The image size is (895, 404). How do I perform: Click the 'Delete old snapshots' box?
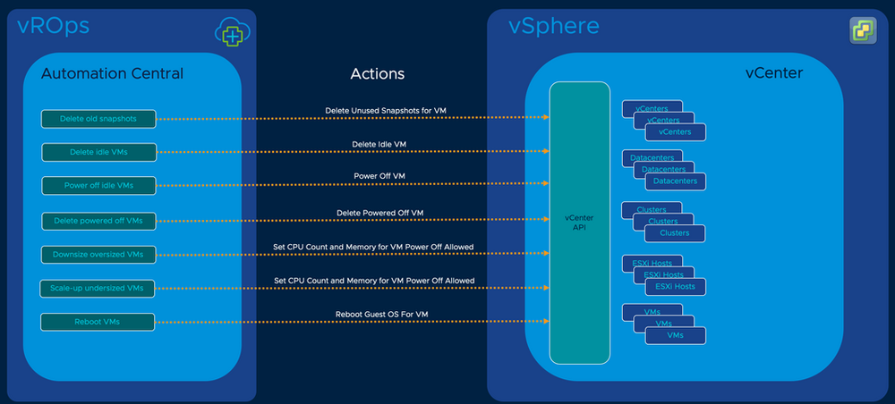click(x=98, y=118)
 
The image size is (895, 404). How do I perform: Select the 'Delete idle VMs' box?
click(x=98, y=152)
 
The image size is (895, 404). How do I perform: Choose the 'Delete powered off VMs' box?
click(x=98, y=220)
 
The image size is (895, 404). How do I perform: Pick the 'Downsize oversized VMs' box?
click(x=98, y=254)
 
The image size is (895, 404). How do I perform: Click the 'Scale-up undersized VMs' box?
click(x=98, y=288)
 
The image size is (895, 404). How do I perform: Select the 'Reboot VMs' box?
click(x=98, y=321)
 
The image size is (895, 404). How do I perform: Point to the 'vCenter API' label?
click(x=579, y=223)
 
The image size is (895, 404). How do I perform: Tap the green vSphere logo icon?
click(x=863, y=30)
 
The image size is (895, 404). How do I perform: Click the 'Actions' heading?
click(x=379, y=73)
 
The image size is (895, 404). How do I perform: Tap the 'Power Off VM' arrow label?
click(x=380, y=177)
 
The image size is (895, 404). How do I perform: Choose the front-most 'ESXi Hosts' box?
click(x=675, y=286)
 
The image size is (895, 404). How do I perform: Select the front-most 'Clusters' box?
click(x=675, y=233)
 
